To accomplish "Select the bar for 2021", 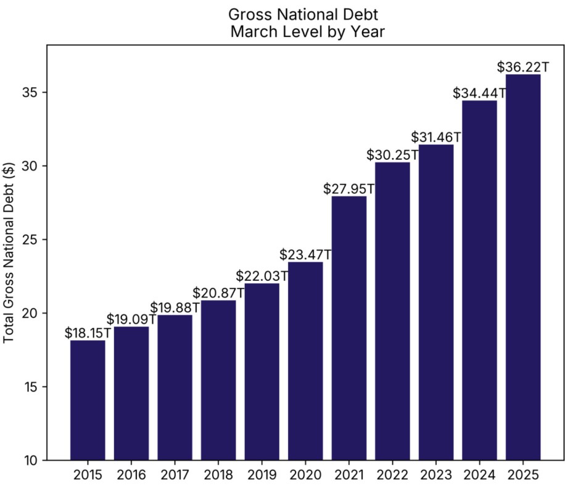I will tap(349, 328).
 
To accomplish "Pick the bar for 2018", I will tap(218, 380).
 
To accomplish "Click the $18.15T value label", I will tap(88, 333).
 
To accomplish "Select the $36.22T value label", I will tap(523, 67).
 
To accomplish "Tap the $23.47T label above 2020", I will tap(305, 254).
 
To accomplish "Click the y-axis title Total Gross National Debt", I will tap(10, 253).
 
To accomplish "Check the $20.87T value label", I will tap(218, 293).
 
